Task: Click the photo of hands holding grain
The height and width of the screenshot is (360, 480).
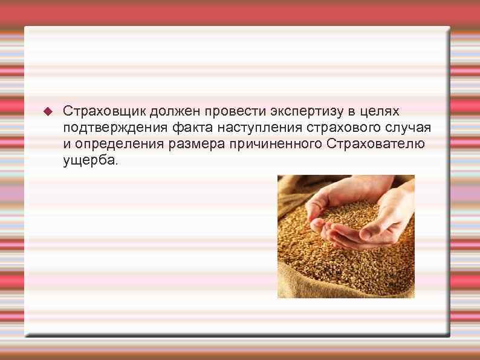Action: coord(346,236)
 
